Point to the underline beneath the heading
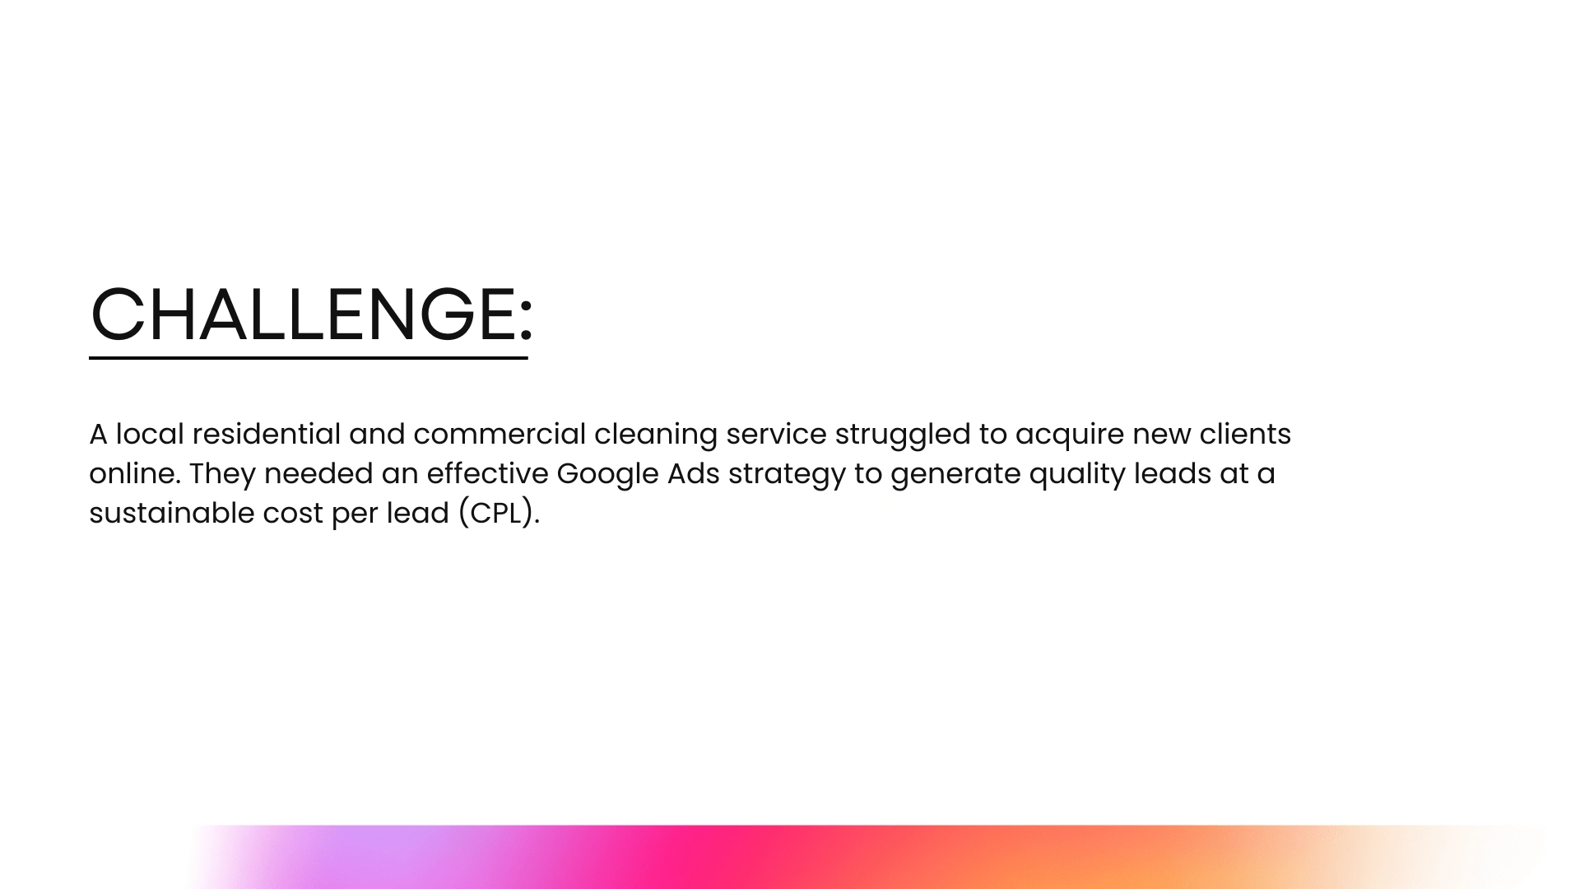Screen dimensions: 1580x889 pos(309,358)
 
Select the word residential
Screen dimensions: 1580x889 pos(267,434)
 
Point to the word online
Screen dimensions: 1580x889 pos(135,473)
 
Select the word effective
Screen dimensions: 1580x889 pos(487,473)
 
